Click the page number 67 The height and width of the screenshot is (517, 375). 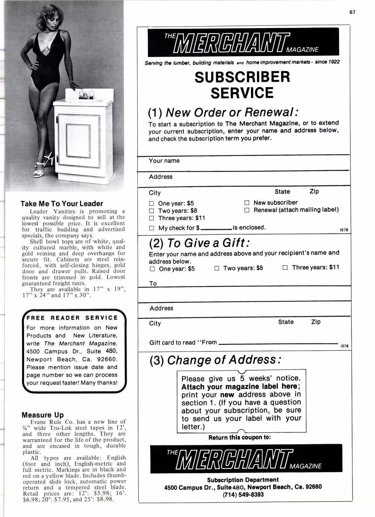[352, 12]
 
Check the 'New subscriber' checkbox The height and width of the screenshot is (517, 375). [247, 203]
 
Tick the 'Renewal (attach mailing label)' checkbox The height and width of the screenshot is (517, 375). [247, 210]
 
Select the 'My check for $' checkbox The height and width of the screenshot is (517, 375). [152, 228]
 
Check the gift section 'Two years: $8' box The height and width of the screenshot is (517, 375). [217, 268]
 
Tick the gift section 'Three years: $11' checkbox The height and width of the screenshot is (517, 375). [285, 267]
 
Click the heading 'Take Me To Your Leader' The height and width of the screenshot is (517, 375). [62, 204]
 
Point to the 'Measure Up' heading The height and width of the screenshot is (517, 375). [42, 415]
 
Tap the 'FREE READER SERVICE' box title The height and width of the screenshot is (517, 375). [72, 318]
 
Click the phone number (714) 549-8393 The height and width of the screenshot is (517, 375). [243, 494]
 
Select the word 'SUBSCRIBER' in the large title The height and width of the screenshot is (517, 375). [242, 77]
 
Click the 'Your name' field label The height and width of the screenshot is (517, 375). [164, 161]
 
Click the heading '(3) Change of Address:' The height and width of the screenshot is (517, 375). [215, 360]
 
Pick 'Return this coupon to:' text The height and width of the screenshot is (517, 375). [239, 437]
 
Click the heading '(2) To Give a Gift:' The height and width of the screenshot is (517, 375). [199, 244]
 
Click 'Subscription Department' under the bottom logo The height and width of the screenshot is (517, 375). [243, 480]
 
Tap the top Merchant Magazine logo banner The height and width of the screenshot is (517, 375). [243, 42]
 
